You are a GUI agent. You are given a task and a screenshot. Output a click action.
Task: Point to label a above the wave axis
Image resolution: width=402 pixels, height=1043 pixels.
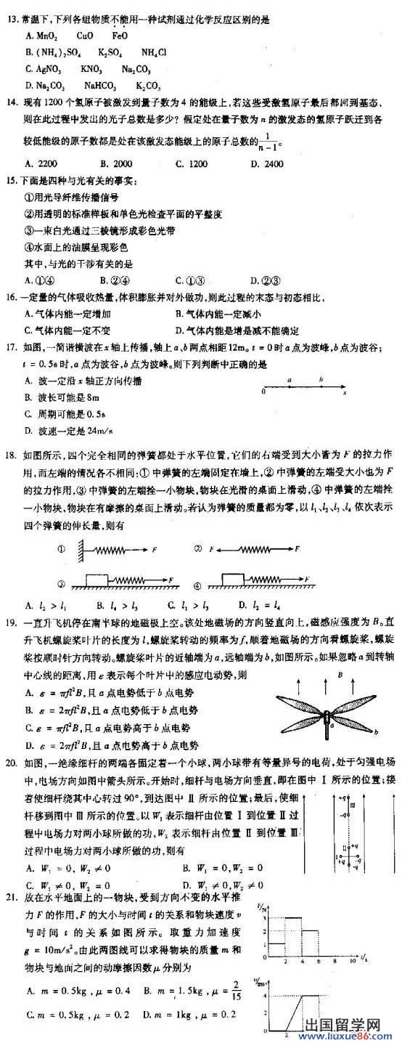coord(289,379)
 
